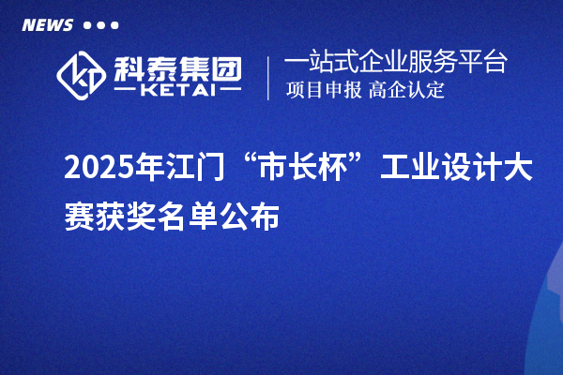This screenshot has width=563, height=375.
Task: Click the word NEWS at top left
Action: point(47,24)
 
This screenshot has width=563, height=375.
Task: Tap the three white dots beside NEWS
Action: point(101,25)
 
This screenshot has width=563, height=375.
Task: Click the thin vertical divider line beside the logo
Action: point(269,78)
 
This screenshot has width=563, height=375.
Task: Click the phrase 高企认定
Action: point(406,91)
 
